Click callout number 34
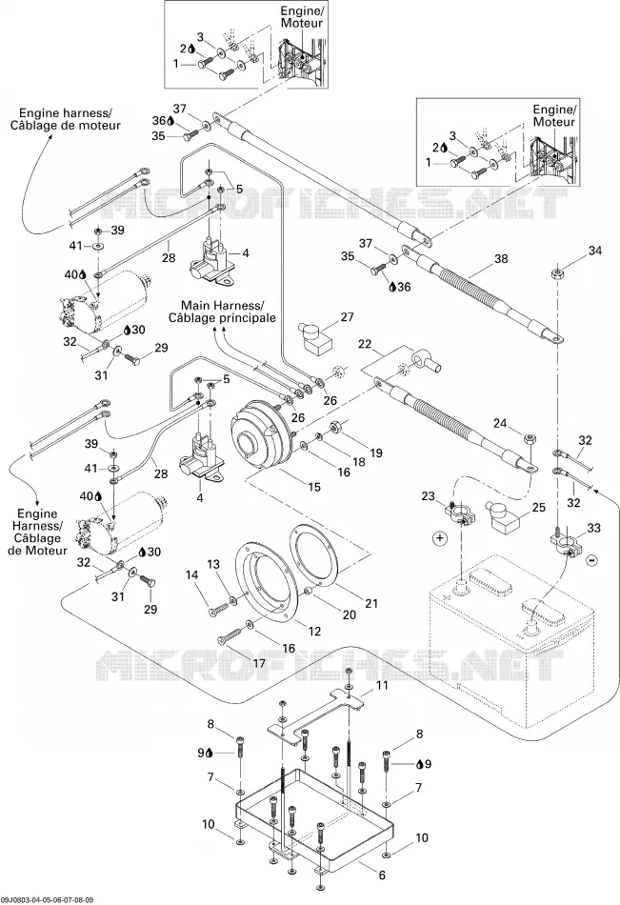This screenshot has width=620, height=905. (594, 251)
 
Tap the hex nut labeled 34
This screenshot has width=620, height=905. (557, 273)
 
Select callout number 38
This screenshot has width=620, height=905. (501, 258)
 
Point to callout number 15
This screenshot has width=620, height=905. (314, 487)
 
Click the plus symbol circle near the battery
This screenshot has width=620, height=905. (440, 538)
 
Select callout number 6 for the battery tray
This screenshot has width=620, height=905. (382, 875)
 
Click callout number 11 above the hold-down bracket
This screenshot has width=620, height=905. (382, 686)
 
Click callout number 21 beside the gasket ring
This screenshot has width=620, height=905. (371, 603)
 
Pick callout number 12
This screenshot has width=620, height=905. (314, 632)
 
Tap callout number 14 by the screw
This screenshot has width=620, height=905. (192, 574)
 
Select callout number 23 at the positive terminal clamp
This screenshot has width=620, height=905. (428, 495)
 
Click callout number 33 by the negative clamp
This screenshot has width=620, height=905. (593, 528)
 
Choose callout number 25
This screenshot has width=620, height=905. (538, 508)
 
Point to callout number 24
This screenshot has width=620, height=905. (500, 424)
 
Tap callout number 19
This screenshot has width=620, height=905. (376, 453)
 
